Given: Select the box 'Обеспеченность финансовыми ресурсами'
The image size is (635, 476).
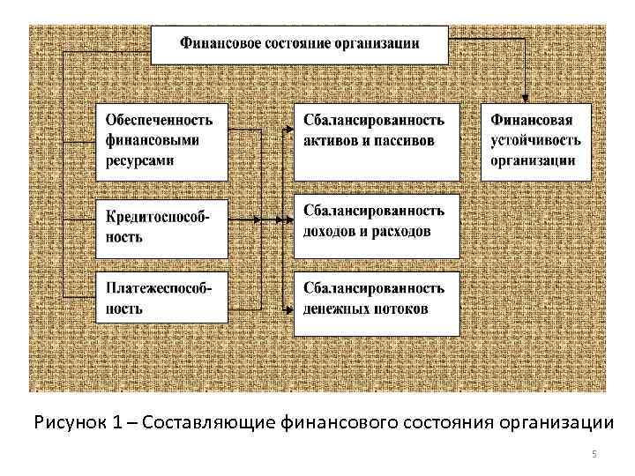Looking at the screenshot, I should (x=162, y=140).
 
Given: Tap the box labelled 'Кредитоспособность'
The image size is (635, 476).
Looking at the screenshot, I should (x=162, y=227).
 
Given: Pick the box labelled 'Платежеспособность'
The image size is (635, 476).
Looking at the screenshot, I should (x=162, y=298).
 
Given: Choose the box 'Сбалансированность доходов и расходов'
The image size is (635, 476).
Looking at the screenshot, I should (x=377, y=221).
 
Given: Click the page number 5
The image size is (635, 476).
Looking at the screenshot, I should (x=594, y=453).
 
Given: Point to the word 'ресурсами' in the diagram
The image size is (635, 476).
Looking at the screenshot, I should (x=139, y=160).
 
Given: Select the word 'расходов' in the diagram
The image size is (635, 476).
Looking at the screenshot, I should (x=401, y=232).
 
